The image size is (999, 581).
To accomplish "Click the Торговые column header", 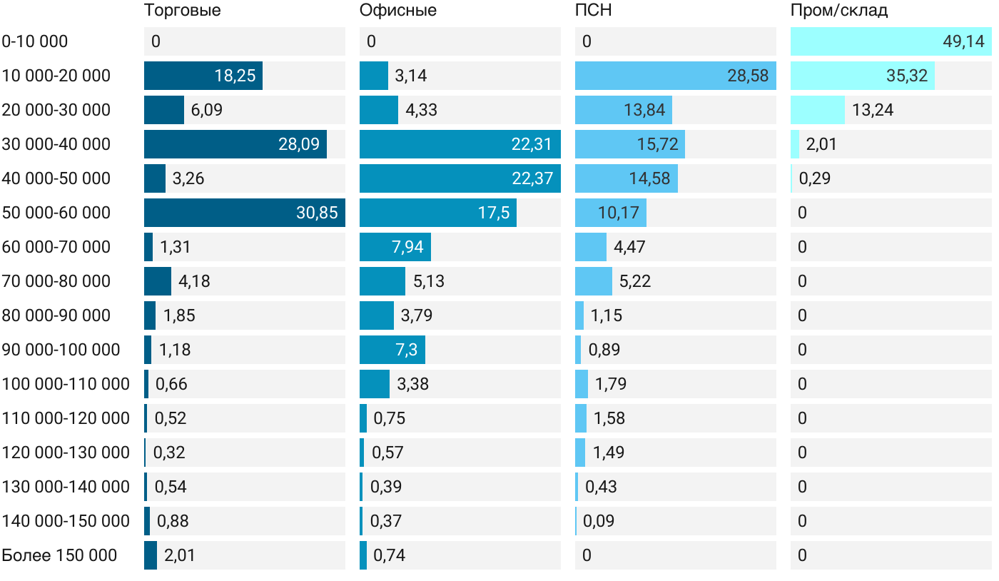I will coord(182,11).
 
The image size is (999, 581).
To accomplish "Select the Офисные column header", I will coord(397,11).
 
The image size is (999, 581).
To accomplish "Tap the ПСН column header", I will coord(593,11).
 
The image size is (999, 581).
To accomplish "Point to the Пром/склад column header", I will coord(838,11).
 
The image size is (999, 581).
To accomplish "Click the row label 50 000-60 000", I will coord(56,213).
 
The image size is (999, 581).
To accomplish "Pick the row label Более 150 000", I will coord(59,555).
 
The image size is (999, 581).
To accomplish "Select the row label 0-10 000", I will coord(35,41).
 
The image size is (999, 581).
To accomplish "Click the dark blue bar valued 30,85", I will coord(244,213).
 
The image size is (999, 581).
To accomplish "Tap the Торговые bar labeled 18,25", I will coord(203,76).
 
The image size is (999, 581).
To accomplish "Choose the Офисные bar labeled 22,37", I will coord(460,178).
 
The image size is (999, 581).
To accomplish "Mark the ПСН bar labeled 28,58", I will coord(675,76).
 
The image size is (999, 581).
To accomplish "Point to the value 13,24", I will coord(873,110).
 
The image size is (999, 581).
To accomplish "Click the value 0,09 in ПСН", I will coord(598,521).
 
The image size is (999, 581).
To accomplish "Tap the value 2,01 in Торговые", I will coord(179,555).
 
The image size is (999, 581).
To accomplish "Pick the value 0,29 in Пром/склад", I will coord(813,178).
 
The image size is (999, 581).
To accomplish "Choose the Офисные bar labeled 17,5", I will coord(437,213).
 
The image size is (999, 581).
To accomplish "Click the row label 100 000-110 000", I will coord(66,384).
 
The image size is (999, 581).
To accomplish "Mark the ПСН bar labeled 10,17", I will coord(610,213).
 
